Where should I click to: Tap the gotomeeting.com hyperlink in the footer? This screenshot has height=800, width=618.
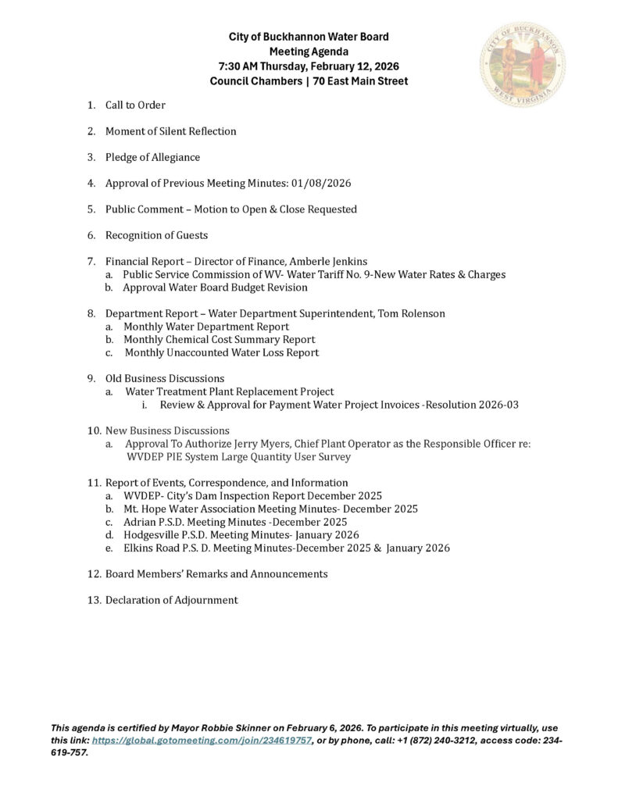(x=202, y=741)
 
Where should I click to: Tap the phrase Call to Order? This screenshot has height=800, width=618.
(x=135, y=105)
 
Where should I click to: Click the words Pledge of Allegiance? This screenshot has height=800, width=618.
(x=152, y=157)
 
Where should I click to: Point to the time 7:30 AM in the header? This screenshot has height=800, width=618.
(x=248, y=66)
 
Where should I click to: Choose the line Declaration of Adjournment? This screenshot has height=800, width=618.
(x=171, y=600)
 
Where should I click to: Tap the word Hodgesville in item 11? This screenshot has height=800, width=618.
(x=153, y=534)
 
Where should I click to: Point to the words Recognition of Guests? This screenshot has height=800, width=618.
(x=156, y=235)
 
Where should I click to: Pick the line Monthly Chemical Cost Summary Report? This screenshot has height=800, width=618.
(x=220, y=340)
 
